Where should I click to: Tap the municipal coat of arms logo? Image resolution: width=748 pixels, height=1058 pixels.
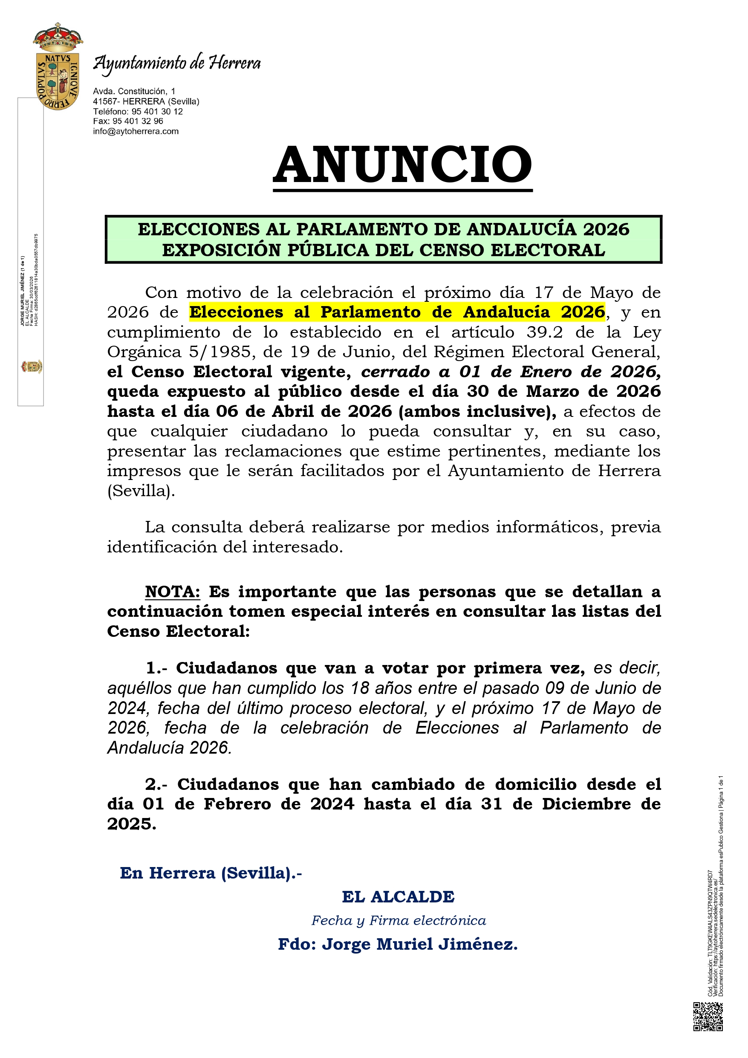pos(58,67)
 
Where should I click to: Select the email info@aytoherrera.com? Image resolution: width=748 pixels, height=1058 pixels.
pos(136,131)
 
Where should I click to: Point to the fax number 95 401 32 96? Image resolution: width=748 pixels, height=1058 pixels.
pos(137,121)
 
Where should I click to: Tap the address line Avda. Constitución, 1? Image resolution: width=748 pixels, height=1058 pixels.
pos(134,91)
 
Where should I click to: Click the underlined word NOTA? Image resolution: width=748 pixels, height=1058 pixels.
pos(172,592)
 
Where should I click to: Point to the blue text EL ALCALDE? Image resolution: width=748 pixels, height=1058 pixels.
pos(398,897)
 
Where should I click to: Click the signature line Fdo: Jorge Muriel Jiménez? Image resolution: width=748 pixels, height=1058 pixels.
pos(398,944)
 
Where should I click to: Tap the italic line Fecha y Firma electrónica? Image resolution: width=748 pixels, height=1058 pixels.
pos(399,921)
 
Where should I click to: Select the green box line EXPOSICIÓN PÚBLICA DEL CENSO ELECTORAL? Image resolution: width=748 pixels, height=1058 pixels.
pos(384,250)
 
